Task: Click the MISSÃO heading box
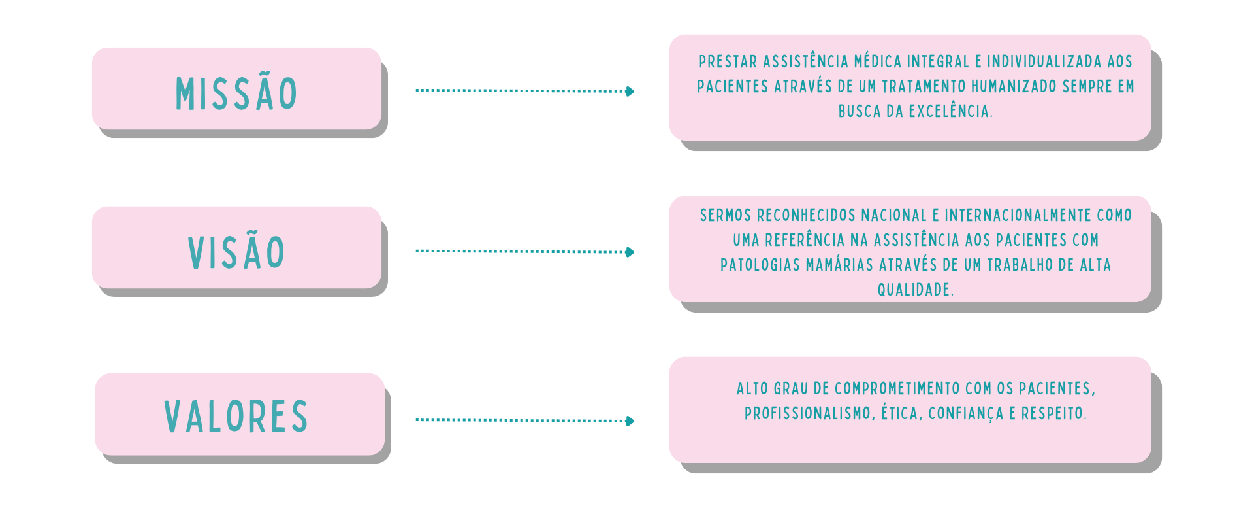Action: (236, 89)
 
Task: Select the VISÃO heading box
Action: (236, 248)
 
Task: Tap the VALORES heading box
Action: (240, 415)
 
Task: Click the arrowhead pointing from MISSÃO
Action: (630, 91)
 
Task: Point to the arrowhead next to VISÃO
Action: (630, 252)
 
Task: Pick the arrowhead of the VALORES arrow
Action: (630, 420)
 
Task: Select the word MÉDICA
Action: (877, 62)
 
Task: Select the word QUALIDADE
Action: (914, 290)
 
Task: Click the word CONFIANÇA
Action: (965, 414)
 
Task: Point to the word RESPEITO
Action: (1053, 414)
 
